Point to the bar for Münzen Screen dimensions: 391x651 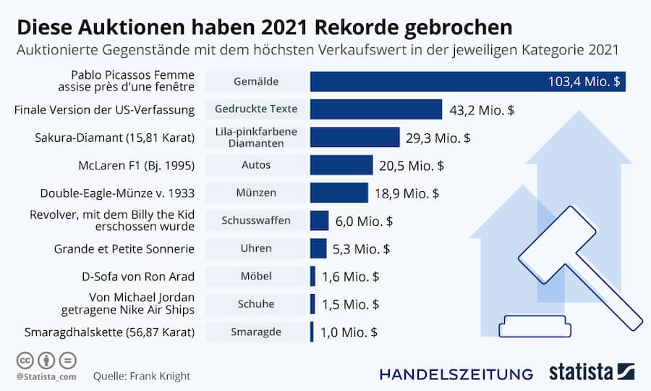pos(339,193)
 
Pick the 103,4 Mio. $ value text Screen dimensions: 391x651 pos(584,82)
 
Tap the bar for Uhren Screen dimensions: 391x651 pos(318,248)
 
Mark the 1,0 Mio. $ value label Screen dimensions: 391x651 pos(350,332)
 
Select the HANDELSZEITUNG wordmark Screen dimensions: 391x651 pos(456,374)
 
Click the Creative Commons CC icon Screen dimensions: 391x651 pos(23,360)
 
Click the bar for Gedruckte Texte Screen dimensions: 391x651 pos(375,109)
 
